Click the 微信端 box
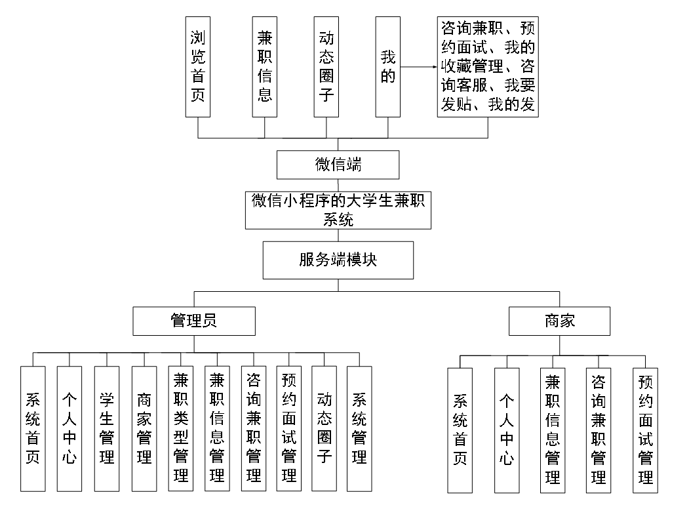[338, 165]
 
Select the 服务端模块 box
[338, 260]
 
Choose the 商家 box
[559, 321]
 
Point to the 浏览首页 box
[197, 67]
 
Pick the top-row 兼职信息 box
[265, 67]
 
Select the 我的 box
[387, 67]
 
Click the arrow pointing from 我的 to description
[419, 67]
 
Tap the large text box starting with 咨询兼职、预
[488, 67]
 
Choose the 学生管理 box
[106, 428]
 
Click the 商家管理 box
[144, 428]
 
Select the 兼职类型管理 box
[180, 428]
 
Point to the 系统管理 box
[359, 428]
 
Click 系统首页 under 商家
[460, 430]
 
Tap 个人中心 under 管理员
[69, 428]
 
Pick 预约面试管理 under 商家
[645, 430]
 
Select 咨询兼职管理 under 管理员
[253, 428]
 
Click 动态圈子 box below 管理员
[324, 428]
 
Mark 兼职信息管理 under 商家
[552, 430]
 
